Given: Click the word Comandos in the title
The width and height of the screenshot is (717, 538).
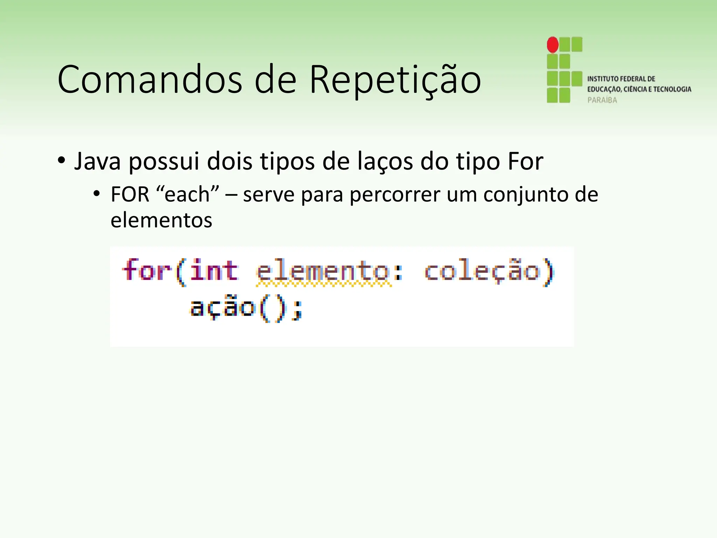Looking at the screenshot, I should click(x=150, y=80).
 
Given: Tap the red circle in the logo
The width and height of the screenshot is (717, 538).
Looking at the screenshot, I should click(x=552, y=45).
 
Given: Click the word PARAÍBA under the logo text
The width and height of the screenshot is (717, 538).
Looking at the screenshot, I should click(x=602, y=100).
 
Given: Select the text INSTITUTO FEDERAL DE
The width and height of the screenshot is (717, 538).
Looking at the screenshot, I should click(x=621, y=79).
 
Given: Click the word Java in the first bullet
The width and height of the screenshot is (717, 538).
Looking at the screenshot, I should click(x=97, y=161).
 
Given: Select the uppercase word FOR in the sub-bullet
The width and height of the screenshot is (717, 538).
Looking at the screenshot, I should click(x=130, y=194).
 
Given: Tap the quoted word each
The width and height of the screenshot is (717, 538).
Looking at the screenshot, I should click(x=187, y=194).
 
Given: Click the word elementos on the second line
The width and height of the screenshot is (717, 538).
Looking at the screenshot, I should click(x=161, y=221).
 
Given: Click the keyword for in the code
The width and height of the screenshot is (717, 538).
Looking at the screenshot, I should click(x=146, y=271).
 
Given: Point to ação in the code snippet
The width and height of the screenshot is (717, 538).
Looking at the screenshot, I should click(x=223, y=308).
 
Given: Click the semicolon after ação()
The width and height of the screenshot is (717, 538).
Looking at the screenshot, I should click(x=297, y=310).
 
